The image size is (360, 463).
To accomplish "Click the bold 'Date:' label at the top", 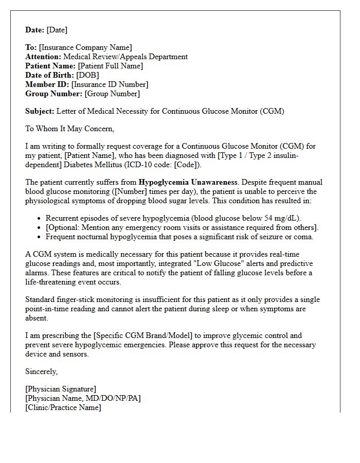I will pos(35,30).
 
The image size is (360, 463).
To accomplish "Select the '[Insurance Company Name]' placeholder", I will pos(85,47).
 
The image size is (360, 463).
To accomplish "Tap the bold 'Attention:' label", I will pos(43,57).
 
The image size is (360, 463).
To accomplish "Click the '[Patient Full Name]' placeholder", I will pos(110,66).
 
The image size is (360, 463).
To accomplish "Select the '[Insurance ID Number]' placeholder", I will pos(110,84).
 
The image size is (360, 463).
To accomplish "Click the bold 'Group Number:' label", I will pos(54,94).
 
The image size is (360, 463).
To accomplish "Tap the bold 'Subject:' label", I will pos(40,111).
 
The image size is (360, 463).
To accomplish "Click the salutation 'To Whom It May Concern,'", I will pos(70,129).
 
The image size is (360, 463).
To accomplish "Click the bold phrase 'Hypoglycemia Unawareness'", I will pos(188,182).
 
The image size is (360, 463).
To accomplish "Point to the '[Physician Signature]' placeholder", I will pos(61,389).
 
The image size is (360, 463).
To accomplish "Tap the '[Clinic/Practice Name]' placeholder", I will pos(63,407).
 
